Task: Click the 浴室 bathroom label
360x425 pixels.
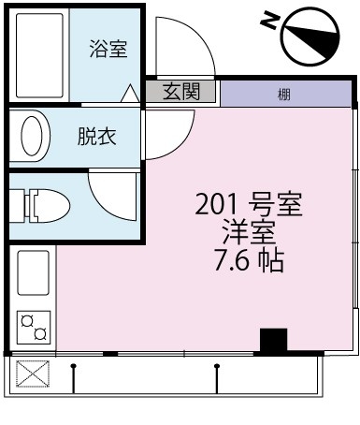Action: tap(108, 49)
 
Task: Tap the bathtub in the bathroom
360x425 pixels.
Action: tap(39, 55)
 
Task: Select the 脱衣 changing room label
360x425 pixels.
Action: tap(97, 137)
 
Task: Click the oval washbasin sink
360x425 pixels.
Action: tap(32, 136)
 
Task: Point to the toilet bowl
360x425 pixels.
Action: tap(50, 206)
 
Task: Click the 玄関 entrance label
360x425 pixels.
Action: tap(181, 92)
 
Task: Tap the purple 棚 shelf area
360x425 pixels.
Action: tap(286, 94)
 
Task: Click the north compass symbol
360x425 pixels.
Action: tap(310, 37)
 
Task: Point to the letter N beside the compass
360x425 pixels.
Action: tap(269, 20)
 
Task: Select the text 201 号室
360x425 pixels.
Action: tap(249, 204)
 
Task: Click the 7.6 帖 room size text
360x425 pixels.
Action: tap(249, 260)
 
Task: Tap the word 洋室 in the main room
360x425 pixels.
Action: tap(249, 232)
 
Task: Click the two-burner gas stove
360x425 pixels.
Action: tap(34, 328)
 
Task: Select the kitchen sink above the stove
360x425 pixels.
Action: tap(34, 273)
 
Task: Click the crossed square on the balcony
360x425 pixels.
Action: tap(33, 374)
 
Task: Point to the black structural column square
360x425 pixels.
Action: tap(273, 341)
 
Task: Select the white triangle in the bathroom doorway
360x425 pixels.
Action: tap(130, 94)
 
